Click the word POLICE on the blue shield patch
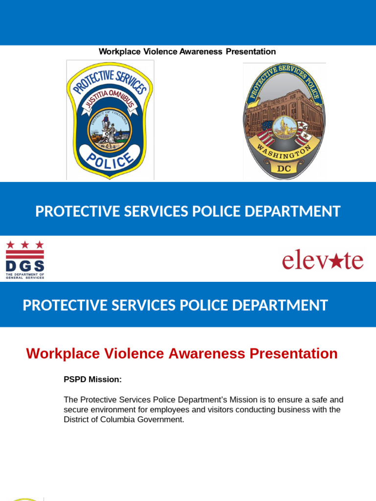(x=110, y=160)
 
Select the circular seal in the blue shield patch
(x=110, y=129)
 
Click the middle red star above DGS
(x=25, y=245)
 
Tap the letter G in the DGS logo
(x=25, y=266)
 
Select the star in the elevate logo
(x=335, y=261)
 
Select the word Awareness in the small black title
(x=201, y=52)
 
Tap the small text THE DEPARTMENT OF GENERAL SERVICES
(x=25, y=276)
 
